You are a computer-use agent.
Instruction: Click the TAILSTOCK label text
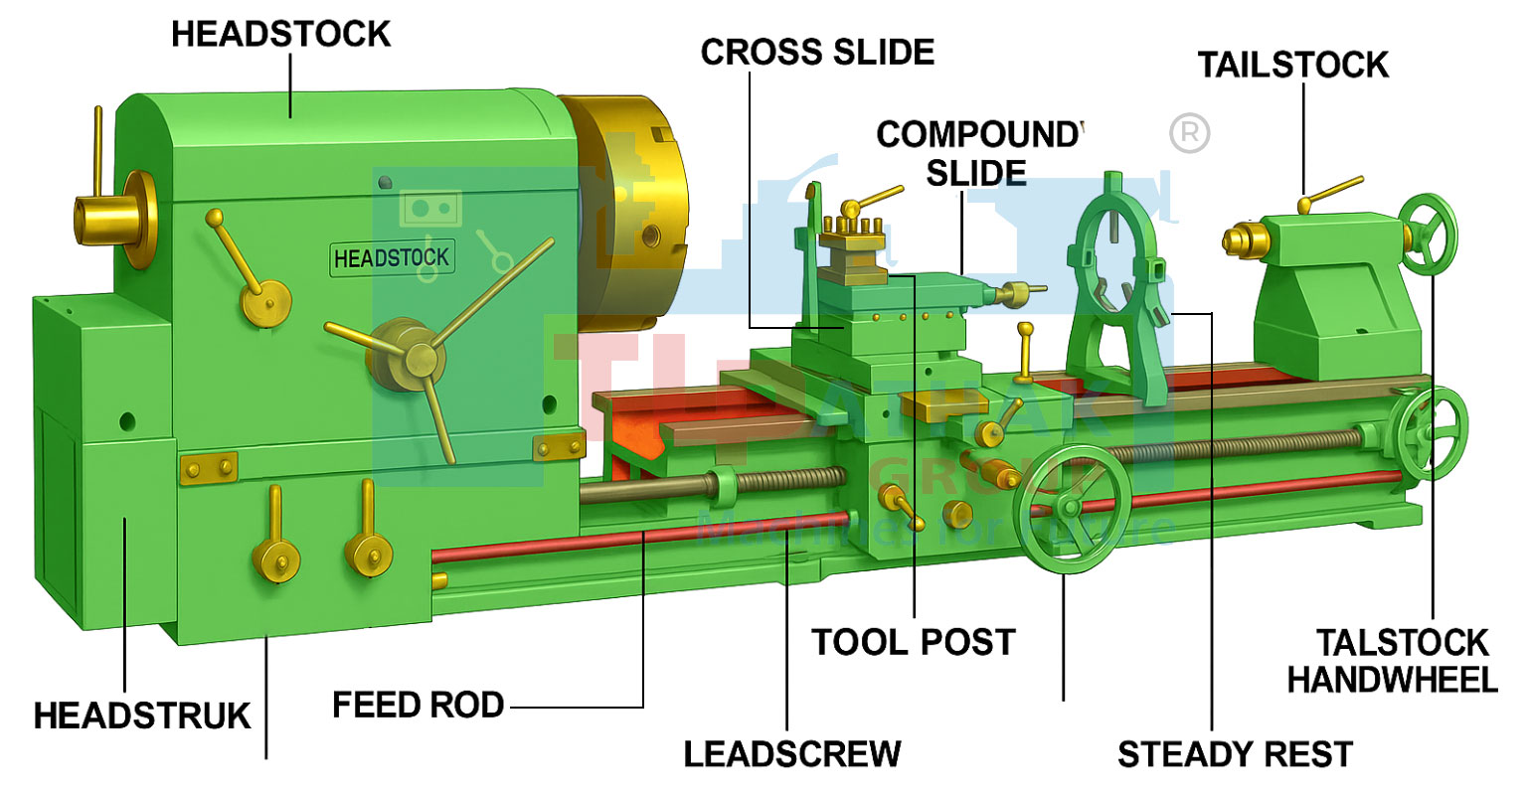point(1292,65)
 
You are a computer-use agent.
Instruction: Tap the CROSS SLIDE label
point(817,52)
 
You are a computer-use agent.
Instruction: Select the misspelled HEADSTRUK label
point(142,716)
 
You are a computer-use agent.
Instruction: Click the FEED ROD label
point(418,705)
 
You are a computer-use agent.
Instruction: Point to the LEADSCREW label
point(792,753)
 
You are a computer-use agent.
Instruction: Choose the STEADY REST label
point(1235,754)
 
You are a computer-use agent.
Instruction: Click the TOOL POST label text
point(914,642)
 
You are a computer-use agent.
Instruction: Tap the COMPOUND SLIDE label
point(977,153)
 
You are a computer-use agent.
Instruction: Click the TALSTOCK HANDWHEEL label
point(1392,661)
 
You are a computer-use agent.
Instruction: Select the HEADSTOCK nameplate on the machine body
point(392,258)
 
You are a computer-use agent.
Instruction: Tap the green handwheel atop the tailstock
point(1429,233)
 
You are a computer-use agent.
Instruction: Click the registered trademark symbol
point(1189,133)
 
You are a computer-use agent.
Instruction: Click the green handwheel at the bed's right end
point(1431,432)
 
